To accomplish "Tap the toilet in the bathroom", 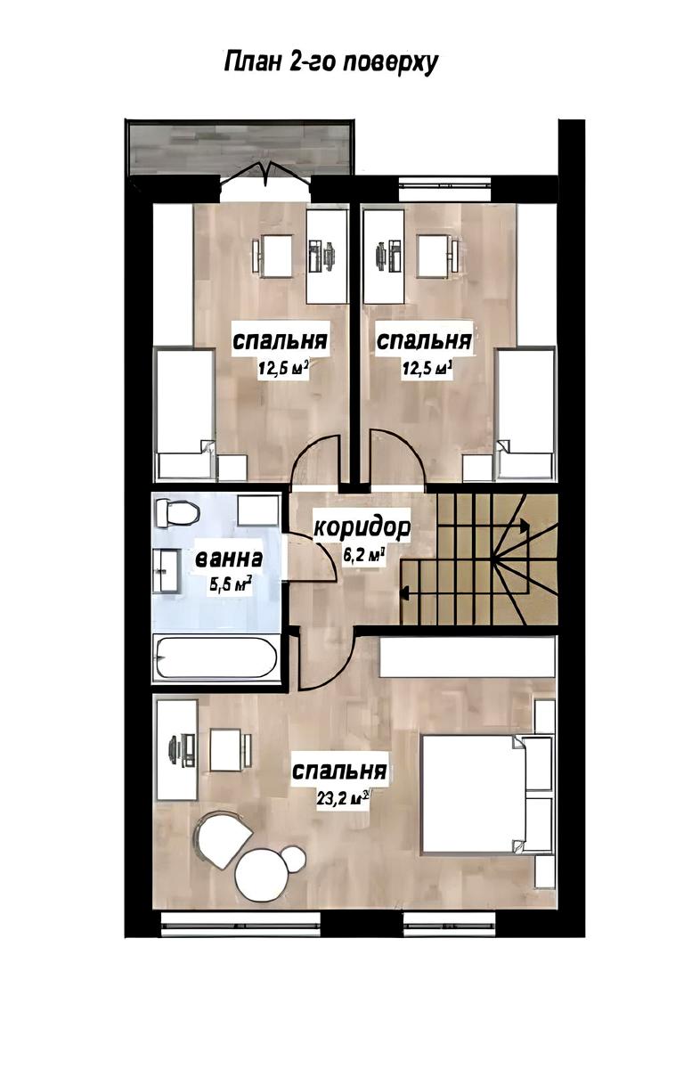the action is pyautogui.click(x=177, y=512).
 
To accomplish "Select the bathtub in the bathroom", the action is pyautogui.click(x=216, y=657).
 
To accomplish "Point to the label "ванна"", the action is pyautogui.click(x=230, y=559).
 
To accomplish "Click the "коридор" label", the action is pyautogui.click(x=362, y=528).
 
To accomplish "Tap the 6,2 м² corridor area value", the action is pyautogui.click(x=363, y=555).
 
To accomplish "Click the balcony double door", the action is pyautogui.click(x=266, y=176).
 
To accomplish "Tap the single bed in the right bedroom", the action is pyautogui.click(x=525, y=413).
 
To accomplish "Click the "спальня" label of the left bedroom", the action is pyautogui.click(x=281, y=341).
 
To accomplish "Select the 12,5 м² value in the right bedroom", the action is pyautogui.click(x=427, y=370).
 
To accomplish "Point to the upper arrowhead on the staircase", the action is pyautogui.click(x=525, y=526).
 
